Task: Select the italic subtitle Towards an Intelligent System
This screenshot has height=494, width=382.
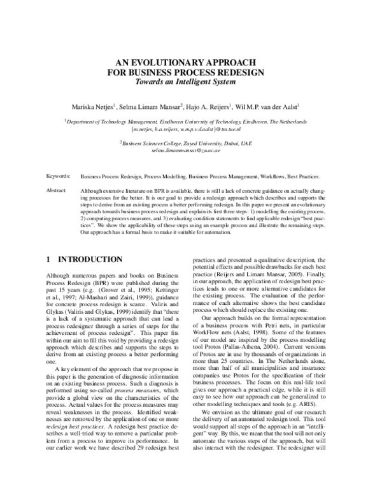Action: pos(190,82)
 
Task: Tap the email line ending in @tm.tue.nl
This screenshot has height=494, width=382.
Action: pos(190,129)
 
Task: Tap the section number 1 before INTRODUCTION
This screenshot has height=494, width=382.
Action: pos(50,259)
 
